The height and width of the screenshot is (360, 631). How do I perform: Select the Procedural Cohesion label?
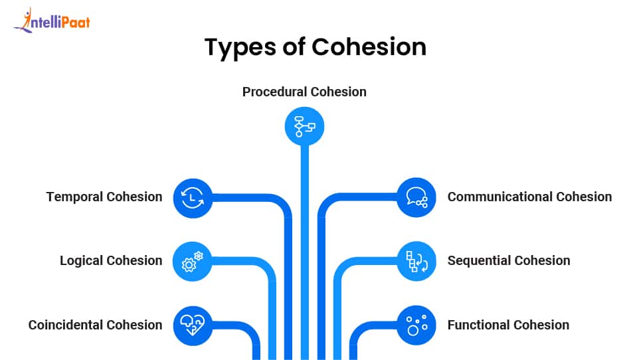coord(304,92)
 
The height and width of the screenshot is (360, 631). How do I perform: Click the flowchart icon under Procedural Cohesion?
coord(304,125)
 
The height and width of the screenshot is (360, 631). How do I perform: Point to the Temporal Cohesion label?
coord(104,197)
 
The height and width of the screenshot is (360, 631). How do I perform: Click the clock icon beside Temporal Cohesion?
coord(193,197)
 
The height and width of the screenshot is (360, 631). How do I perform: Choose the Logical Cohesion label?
coord(111,261)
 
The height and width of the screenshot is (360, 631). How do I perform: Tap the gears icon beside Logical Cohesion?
coord(193,261)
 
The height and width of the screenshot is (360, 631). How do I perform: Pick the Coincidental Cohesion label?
coord(95,325)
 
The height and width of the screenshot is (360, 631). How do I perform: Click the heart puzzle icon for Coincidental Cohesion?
coord(193,325)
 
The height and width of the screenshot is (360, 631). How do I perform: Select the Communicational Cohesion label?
coord(529,197)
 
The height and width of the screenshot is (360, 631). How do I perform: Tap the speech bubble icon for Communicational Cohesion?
coord(416,197)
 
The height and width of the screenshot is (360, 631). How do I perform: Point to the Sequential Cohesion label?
coord(509,261)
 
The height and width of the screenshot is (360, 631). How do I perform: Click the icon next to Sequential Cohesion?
coord(416,261)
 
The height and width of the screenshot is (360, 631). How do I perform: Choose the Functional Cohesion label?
coord(508,325)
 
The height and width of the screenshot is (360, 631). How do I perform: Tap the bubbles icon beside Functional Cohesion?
coord(416,325)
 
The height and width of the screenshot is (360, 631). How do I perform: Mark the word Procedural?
coord(275,92)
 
